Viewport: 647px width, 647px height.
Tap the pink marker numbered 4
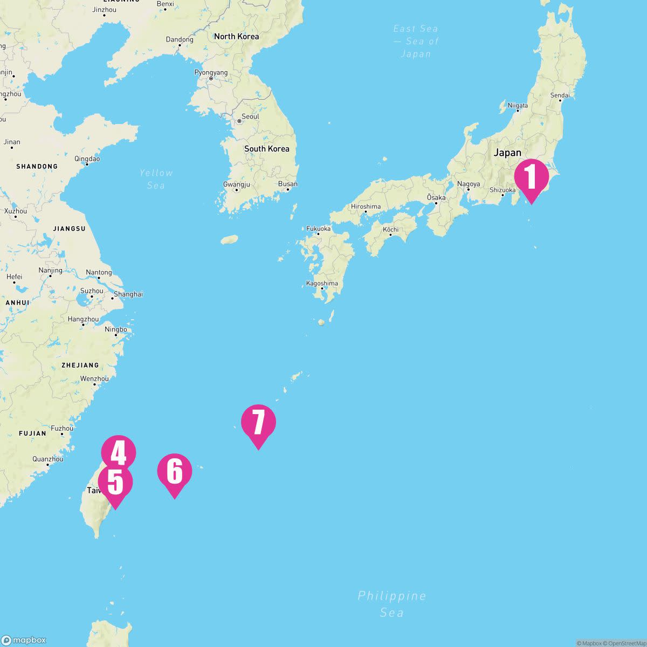(x=119, y=452)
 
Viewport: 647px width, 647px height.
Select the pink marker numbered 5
(x=115, y=483)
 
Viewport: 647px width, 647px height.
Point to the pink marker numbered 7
(x=258, y=422)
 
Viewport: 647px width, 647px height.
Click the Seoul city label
(x=250, y=116)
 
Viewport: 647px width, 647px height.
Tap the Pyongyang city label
(x=211, y=72)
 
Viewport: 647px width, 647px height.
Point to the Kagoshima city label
(x=322, y=283)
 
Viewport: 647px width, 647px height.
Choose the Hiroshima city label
(x=366, y=207)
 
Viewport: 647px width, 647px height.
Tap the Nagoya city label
(x=468, y=184)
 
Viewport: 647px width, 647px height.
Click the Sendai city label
(x=560, y=95)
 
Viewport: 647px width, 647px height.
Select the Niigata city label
(x=518, y=106)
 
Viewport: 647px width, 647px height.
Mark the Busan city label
(x=287, y=184)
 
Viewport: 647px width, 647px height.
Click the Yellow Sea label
(x=156, y=179)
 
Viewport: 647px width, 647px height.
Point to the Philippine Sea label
(x=392, y=604)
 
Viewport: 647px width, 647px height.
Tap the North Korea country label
(x=236, y=37)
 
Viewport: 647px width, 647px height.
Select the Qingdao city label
(x=87, y=159)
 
